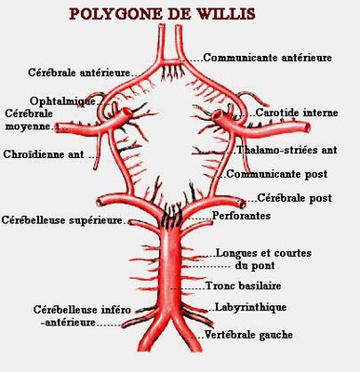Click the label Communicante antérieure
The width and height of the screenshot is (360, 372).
tap(269, 57)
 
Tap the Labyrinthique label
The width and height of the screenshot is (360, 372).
tap(248, 307)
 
